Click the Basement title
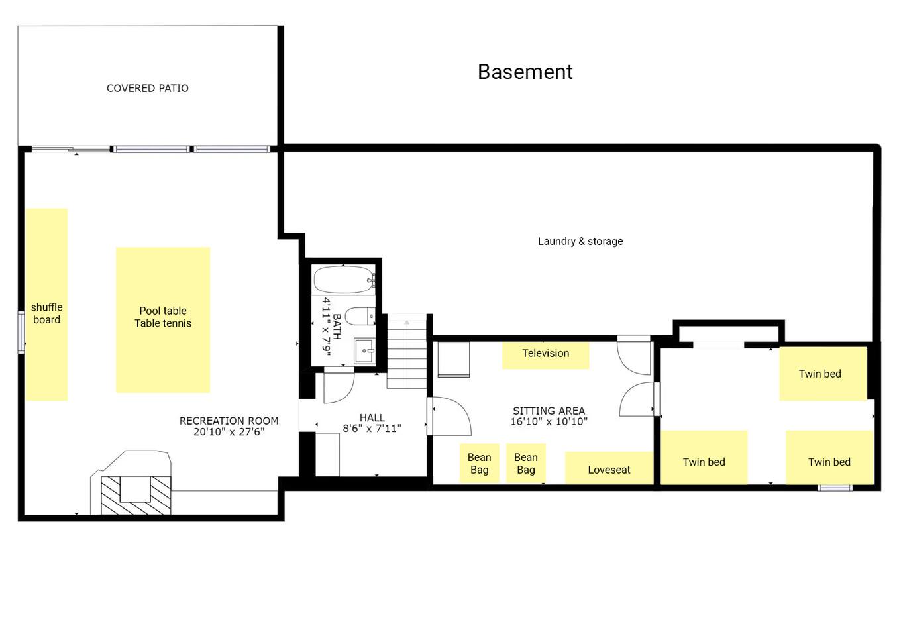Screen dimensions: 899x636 525,72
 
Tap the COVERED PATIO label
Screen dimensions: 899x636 147,88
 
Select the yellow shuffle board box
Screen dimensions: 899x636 46,305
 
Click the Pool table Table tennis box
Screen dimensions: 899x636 163,320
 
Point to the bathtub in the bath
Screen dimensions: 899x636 344,280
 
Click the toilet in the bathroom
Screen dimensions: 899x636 360,317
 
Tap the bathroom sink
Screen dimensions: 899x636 364,350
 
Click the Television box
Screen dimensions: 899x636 546,354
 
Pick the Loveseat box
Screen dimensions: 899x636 609,468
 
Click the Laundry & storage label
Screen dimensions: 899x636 580,241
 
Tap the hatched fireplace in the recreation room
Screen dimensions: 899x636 136,495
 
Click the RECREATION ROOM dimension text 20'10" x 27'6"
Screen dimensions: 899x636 229,432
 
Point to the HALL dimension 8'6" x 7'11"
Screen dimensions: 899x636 372,428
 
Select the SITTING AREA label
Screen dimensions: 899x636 549,411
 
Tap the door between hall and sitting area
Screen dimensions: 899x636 449,416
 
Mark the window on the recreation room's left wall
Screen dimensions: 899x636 21,333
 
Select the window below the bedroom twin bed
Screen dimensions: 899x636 835,488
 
